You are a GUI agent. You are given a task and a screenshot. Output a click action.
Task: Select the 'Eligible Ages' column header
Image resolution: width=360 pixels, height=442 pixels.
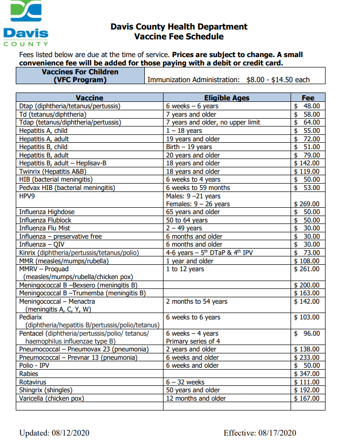227,97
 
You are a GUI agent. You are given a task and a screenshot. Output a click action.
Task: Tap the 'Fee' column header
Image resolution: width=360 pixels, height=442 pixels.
308,97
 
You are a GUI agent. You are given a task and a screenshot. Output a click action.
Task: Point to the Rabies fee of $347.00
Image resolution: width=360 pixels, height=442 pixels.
307,374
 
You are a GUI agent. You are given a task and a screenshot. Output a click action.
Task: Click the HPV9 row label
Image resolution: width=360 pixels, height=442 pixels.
28,196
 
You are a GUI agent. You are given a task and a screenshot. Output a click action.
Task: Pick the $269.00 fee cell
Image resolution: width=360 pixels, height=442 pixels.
307,204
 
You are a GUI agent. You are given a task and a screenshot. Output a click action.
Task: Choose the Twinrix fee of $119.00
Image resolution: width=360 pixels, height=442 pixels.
307,171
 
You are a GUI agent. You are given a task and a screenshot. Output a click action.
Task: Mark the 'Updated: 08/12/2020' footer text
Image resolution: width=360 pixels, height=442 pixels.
54,433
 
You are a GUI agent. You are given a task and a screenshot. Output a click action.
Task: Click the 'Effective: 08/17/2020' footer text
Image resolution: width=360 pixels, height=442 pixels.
260,433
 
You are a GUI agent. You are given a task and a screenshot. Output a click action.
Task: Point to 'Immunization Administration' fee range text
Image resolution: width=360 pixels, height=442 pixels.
229,80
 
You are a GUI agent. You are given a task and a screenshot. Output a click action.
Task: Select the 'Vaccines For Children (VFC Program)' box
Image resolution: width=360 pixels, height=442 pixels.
80,76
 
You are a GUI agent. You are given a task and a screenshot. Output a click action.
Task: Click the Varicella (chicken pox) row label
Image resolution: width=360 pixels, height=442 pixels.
51,398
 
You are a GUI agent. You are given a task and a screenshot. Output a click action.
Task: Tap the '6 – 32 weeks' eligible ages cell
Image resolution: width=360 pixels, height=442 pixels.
185,382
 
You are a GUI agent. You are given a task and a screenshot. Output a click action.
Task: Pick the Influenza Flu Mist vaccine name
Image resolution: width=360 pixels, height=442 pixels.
44,228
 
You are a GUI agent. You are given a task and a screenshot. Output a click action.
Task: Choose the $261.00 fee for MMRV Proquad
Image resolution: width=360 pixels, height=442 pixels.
307,269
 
